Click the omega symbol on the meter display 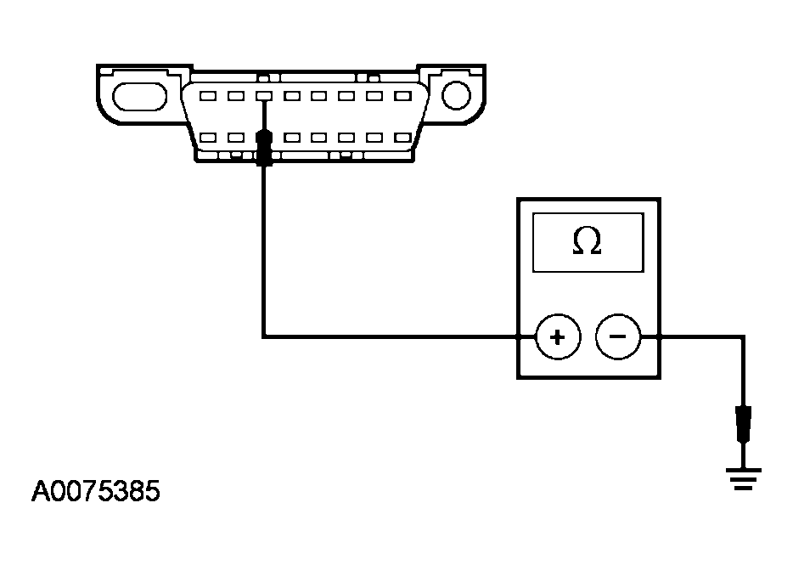[587, 241]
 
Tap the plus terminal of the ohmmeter [557, 337]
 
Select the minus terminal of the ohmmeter [618, 337]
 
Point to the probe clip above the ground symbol [744, 423]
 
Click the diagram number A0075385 [95, 492]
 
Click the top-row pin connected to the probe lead [264, 96]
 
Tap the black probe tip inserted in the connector [264, 146]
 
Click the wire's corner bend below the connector [264, 337]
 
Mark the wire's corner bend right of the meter [744, 337]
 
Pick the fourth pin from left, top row [291, 96]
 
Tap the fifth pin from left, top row [318, 96]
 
